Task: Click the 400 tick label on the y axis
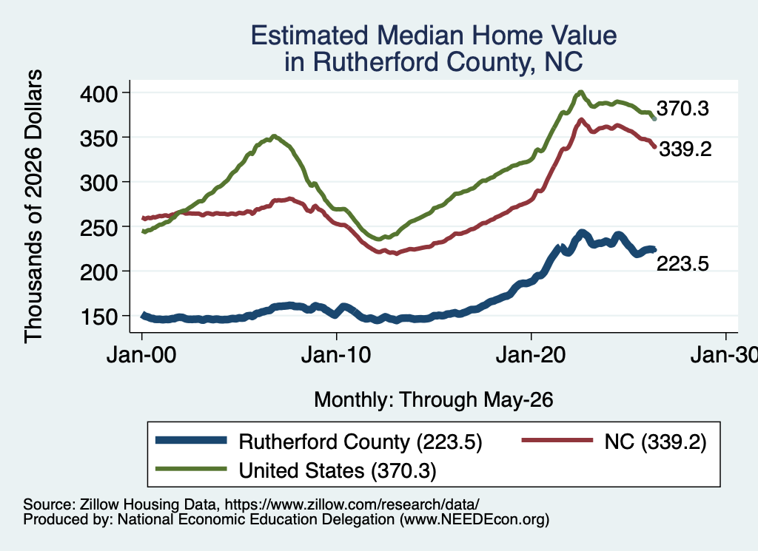point(98,93)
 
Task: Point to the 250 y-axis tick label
point(98,228)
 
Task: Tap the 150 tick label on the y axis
point(98,317)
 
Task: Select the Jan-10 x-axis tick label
point(336,356)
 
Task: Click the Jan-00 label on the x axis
point(141,356)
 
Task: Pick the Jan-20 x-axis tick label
point(531,356)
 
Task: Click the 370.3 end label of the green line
point(682,109)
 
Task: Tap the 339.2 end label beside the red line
point(685,149)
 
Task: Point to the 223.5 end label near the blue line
point(682,264)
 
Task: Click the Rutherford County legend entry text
point(360,442)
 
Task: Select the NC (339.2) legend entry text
point(656,442)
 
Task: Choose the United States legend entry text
point(338,470)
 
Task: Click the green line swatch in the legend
point(191,469)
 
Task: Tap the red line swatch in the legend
point(557,440)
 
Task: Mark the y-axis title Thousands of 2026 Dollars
point(33,206)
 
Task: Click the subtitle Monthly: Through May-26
point(434,400)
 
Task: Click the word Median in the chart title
point(420,36)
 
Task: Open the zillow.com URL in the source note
point(352,504)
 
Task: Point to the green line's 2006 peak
point(274,136)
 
